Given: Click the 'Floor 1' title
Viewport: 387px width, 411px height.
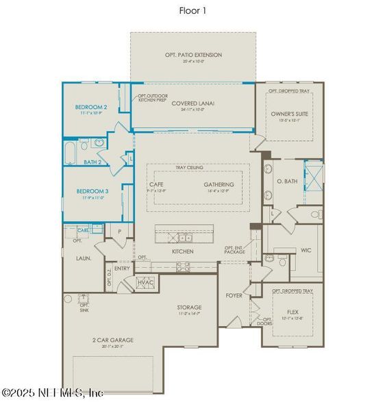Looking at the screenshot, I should [193, 10].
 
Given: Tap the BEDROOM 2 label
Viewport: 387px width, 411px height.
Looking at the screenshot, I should [91, 107].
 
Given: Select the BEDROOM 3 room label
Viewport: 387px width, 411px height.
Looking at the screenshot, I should [91, 191].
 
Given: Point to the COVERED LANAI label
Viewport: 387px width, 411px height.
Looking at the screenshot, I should [193, 103].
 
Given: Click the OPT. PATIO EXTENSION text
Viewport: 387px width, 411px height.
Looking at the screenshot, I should [193, 55].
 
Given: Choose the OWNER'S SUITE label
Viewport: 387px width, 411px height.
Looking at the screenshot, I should [287, 113].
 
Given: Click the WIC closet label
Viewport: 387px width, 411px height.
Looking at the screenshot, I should [305, 250].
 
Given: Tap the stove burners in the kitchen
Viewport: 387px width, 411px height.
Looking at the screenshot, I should [182, 267].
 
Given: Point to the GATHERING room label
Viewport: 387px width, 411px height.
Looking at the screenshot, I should [219, 184].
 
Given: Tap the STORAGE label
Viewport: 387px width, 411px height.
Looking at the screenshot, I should [188, 308].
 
